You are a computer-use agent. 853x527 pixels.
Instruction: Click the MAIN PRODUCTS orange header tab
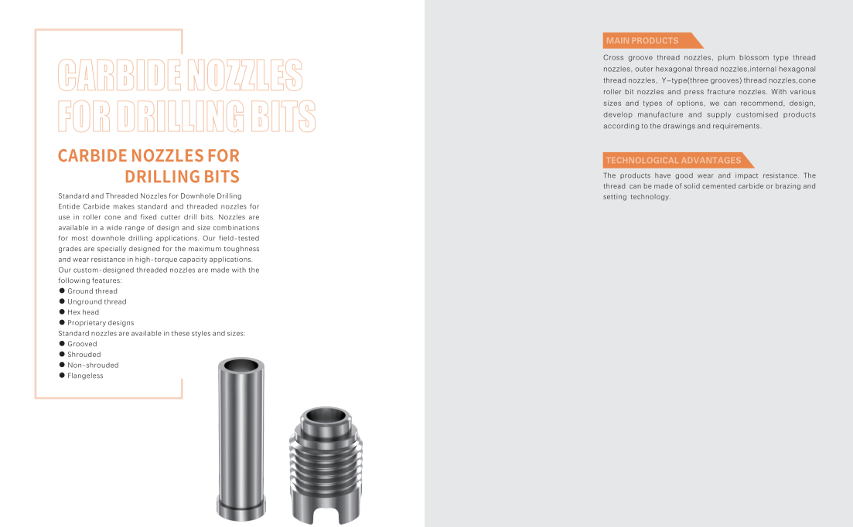click(643, 41)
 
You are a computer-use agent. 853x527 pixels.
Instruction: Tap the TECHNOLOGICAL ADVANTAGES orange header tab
click(674, 161)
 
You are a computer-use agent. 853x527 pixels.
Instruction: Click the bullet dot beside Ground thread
click(62, 291)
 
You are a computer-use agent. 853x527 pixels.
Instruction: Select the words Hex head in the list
click(83, 312)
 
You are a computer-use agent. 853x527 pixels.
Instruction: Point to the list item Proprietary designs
click(101, 323)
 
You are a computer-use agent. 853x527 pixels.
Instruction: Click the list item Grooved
click(82, 344)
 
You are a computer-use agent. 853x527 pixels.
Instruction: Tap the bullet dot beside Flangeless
click(62, 376)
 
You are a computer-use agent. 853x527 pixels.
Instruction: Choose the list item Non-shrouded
click(93, 365)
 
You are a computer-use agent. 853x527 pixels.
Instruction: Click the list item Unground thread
click(97, 302)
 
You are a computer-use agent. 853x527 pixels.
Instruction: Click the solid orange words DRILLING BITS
click(182, 176)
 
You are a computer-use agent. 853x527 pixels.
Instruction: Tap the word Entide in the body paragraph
click(70, 207)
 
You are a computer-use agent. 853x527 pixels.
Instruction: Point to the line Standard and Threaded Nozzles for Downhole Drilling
click(150, 196)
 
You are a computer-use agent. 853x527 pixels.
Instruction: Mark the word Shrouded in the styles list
click(84, 355)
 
